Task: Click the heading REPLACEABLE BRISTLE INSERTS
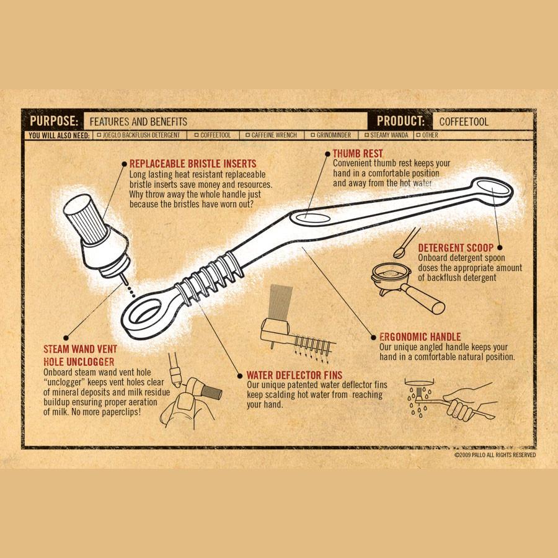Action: pyautogui.click(x=193, y=164)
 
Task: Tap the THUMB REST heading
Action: pyautogui.click(x=358, y=154)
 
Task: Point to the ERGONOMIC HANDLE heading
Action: pyautogui.click(x=420, y=337)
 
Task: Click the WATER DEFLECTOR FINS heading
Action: pyautogui.click(x=294, y=375)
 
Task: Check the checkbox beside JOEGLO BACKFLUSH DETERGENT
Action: pyautogui.click(x=99, y=135)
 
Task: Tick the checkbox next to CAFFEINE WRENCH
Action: pyautogui.click(x=247, y=135)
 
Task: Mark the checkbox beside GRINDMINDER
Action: pyautogui.click(x=313, y=135)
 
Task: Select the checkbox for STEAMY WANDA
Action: pyautogui.click(x=366, y=135)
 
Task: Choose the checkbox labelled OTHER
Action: pyautogui.click(x=418, y=135)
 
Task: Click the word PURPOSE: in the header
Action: pyautogui.click(x=54, y=121)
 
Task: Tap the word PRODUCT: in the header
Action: pyautogui.click(x=401, y=121)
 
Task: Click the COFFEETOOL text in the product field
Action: pyautogui.click(x=464, y=122)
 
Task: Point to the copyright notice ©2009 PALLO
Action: pyautogui.click(x=495, y=455)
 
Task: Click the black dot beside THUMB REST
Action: pyautogui.click(x=328, y=154)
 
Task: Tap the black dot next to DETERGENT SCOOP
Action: pyautogui.click(x=500, y=247)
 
